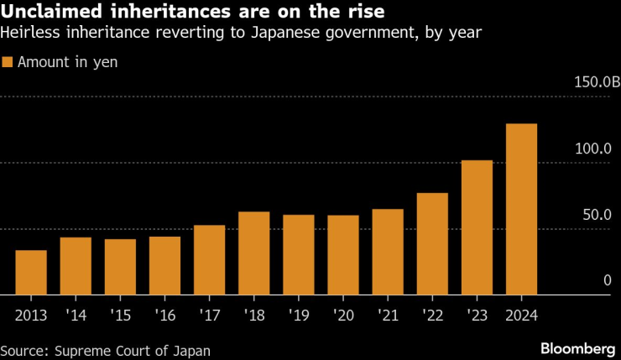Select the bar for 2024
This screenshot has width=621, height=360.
(x=521, y=209)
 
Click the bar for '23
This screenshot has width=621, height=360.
(x=477, y=227)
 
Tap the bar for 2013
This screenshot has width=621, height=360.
(x=31, y=273)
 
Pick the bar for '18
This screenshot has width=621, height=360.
(x=254, y=253)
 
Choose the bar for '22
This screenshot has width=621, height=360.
(x=432, y=244)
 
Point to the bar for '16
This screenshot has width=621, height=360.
(x=164, y=266)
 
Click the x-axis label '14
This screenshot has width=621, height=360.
(x=76, y=316)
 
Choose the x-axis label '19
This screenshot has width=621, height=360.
(x=299, y=316)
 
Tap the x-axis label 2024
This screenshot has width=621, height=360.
(x=521, y=316)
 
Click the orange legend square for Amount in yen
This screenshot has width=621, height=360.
(x=8, y=62)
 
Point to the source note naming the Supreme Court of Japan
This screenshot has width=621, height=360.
(x=106, y=350)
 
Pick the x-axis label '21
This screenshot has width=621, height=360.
(x=388, y=316)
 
